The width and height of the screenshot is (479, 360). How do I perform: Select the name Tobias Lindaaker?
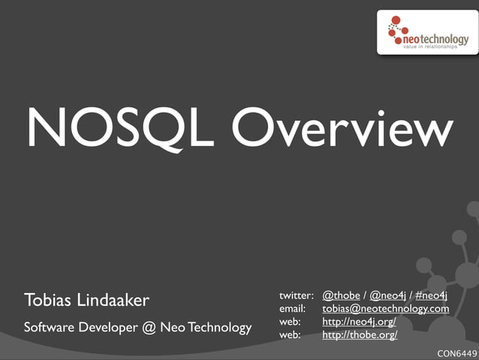click(x=87, y=301)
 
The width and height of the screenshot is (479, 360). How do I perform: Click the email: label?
click(x=292, y=309)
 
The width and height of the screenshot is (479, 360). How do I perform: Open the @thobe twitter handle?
click(x=341, y=295)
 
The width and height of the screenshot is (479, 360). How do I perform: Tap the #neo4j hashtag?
click(x=431, y=295)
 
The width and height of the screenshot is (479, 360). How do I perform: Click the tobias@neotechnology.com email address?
click(x=385, y=309)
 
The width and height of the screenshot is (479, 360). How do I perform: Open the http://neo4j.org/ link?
click(x=359, y=322)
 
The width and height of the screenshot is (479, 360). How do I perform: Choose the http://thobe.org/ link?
click(x=360, y=335)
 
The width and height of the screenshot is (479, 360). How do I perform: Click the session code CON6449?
click(x=456, y=352)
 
